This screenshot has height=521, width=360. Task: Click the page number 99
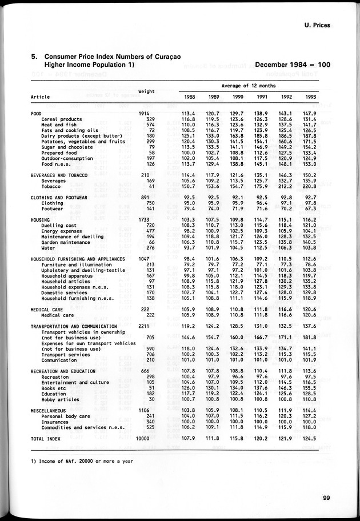coord(326,497)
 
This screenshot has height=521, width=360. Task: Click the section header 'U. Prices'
coord(313,25)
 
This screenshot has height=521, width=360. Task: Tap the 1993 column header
coord(311,97)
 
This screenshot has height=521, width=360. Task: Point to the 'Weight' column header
coord(147,91)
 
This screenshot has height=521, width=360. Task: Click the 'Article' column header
coord(40,97)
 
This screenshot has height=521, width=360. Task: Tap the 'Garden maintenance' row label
coord(64,242)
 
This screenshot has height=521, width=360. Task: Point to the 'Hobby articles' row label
coord(61,399)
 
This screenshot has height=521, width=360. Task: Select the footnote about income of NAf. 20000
coord(76,462)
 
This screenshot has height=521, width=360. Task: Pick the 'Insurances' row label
coord(55,422)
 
